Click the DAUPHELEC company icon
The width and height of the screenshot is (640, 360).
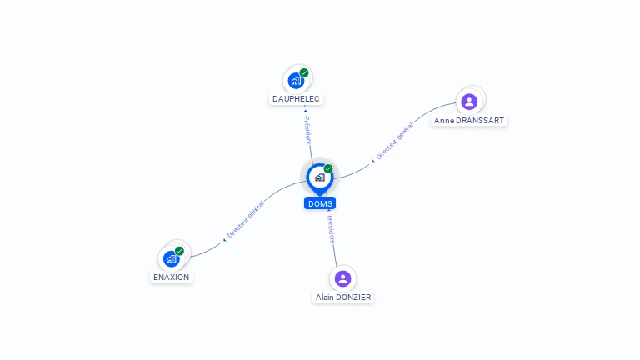[295, 81]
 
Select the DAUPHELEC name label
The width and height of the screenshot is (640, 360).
[296, 99]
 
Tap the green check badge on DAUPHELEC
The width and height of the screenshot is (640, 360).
[304, 72]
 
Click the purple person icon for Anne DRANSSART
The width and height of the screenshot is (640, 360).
[469, 102]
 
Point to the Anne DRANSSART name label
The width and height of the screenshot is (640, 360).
[470, 120]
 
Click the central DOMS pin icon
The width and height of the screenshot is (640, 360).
[319, 177]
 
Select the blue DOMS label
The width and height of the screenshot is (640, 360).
[320, 203]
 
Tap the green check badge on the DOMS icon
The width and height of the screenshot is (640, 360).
[328, 168]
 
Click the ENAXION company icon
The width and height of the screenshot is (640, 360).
[172, 258]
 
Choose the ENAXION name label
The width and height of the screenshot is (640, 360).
[172, 277]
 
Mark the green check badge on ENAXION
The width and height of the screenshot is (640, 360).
[179, 251]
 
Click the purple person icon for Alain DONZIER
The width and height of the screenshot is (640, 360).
[342, 278]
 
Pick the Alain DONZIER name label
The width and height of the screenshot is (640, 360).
[343, 297]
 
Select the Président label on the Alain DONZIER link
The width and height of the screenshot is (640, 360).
[331, 229]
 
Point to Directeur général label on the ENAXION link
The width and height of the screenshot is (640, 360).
[245, 221]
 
